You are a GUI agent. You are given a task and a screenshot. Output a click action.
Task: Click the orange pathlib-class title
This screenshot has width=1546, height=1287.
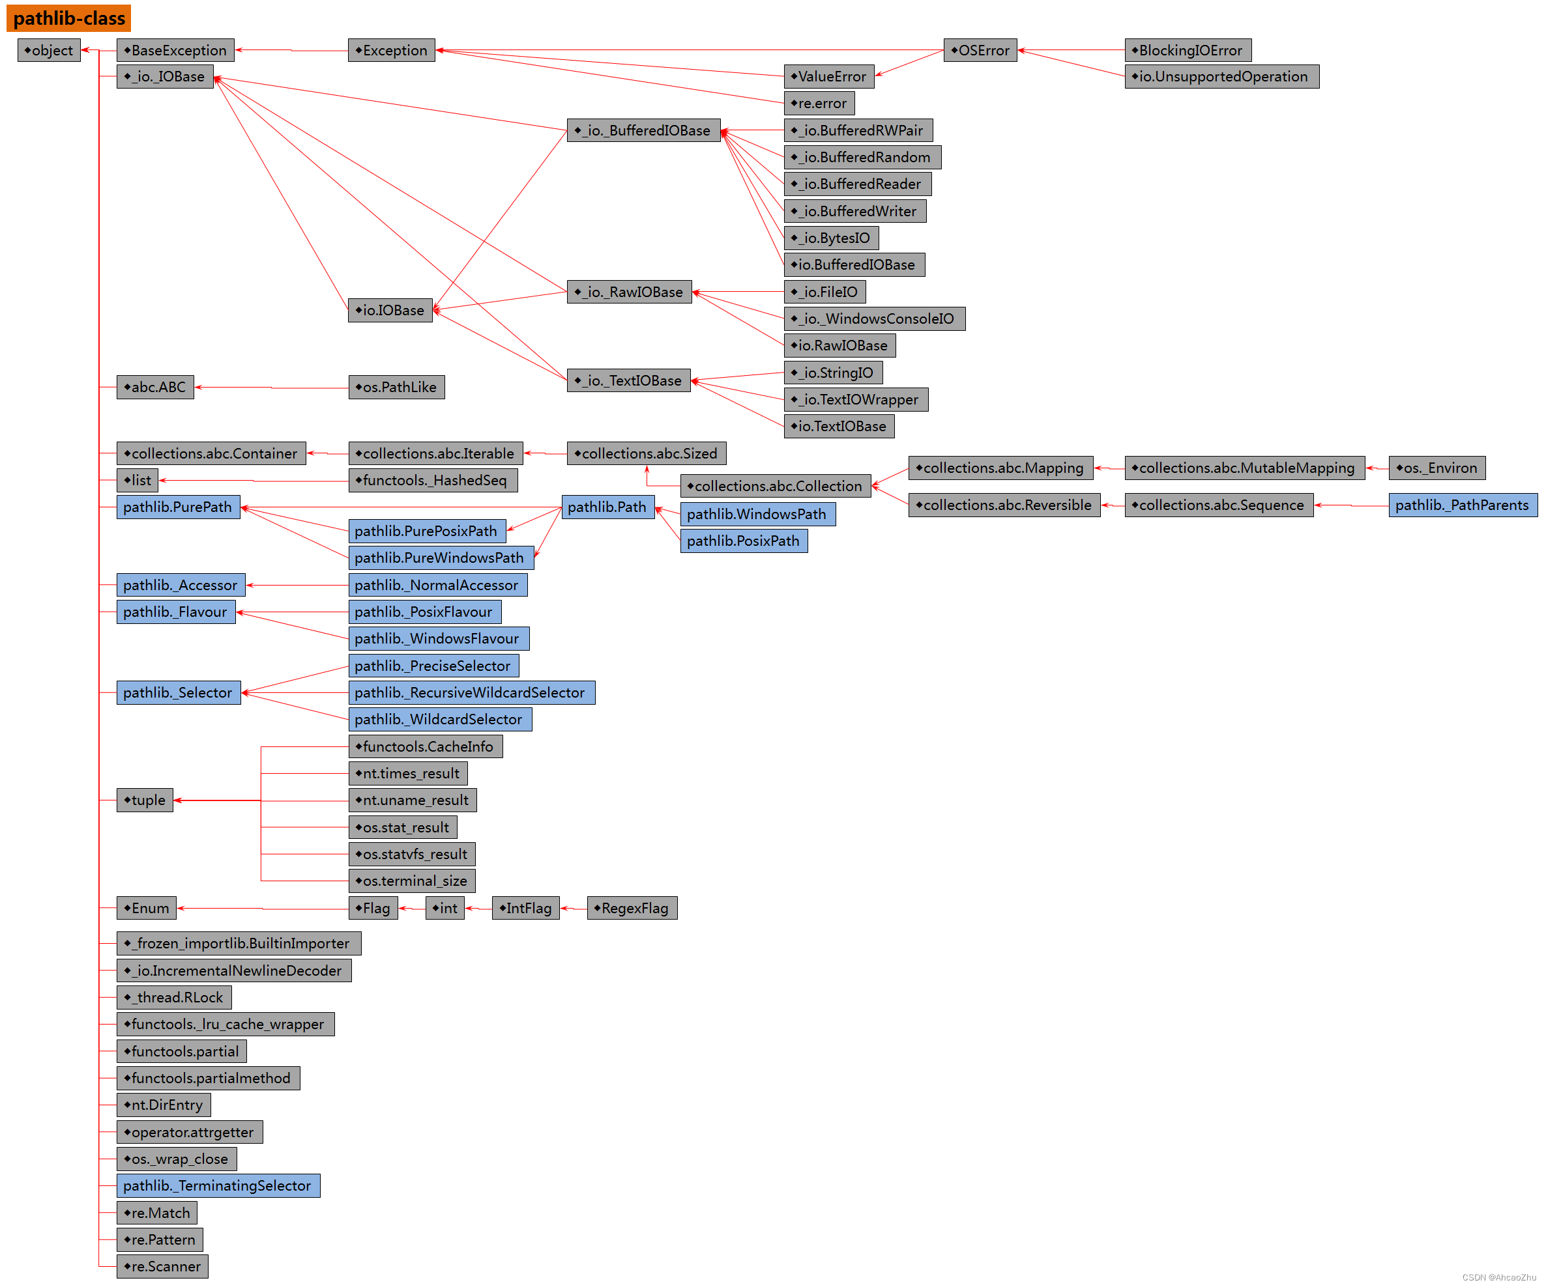pyautogui.click(x=68, y=18)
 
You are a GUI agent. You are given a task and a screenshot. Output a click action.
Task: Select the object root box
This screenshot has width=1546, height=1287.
pyautogui.click(x=49, y=50)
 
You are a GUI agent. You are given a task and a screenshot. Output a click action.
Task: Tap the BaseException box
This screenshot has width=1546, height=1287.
pyautogui.click(x=175, y=50)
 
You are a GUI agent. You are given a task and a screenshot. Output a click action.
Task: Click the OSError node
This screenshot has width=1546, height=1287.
pyautogui.click(x=979, y=50)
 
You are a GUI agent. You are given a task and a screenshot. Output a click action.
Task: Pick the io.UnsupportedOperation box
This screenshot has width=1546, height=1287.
pyautogui.click(x=1221, y=76)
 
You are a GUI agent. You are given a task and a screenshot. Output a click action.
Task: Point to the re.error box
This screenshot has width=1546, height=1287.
pyautogui.click(x=819, y=103)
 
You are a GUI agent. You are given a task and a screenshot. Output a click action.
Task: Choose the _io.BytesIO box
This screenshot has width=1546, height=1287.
pyautogui.click(x=830, y=238)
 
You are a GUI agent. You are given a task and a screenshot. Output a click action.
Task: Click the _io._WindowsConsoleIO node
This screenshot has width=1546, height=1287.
pyautogui.click(x=874, y=318)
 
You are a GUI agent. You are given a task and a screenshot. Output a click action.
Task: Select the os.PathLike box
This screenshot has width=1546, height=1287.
pyautogui.click(x=396, y=387)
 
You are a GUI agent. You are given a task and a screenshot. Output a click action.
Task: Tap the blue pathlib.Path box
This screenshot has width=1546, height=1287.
pyautogui.click(x=607, y=507)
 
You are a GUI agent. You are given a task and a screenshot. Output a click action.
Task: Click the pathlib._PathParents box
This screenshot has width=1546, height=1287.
pyautogui.click(x=1462, y=505)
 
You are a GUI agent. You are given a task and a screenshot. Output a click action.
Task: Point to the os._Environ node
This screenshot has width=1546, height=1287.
pyautogui.click(x=1437, y=468)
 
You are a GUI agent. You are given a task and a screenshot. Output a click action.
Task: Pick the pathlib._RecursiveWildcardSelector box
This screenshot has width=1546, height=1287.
pyautogui.click(x=471, y=692)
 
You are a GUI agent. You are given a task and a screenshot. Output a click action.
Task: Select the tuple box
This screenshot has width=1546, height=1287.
pyautogui.click(x=145, y=800)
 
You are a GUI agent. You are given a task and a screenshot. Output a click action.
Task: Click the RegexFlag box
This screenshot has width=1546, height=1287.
pyautogui.click(x=632, y=908)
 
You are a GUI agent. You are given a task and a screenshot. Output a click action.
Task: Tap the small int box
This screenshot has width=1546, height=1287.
pyautogui.click(x=445, y=908)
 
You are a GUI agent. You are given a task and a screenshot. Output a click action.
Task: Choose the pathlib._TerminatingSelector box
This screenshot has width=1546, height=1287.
pyautogui.click(x=218, y=1185)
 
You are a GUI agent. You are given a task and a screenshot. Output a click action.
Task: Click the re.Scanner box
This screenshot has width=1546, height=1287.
pyautogui.click(x=162, y=1266)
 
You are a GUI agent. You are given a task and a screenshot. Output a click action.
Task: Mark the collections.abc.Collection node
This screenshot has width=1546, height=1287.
pyautogui.click(x=775, y=486)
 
